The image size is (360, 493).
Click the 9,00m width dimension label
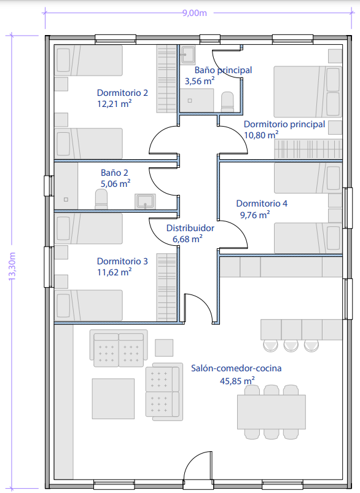pyautogui.click(x=195, y=13)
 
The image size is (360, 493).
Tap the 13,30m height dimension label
pyautogui.click(x=12, y=266)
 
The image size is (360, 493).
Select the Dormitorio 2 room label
pyautogui.click(x=122, y=93)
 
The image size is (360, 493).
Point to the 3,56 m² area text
pyautogui.click(x=200, y=81)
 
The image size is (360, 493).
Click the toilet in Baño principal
pyautogui.click(x=227, y=102)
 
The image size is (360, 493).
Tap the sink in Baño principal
pyautogui.click(x=187, y=55)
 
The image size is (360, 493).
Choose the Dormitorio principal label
pyautogui.click(x=284, y=124)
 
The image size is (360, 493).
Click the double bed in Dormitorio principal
pyautogui.click(x=308, y=92)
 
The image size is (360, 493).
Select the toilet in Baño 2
pyautogui.click(x=101, y=199)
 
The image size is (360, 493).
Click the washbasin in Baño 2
pyautogui.click(x=145, y=201)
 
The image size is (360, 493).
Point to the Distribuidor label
pyautogui.click(x=190, y=228)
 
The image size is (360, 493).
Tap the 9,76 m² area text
pyautogui.click(x=255, y=215)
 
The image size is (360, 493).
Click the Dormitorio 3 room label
pyautogui.click(x=122, y=261)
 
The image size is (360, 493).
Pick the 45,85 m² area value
pyautogui.click(x=237, y=381)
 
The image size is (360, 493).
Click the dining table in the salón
pyautogui.click(x=272, y=412)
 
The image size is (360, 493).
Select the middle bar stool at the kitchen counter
pyautogui.click(x=291, y=345)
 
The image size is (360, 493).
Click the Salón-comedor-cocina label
pyautogui.click(x=237, y=368)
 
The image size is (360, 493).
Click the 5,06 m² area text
pyautogui.click(x=115, y=183)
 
